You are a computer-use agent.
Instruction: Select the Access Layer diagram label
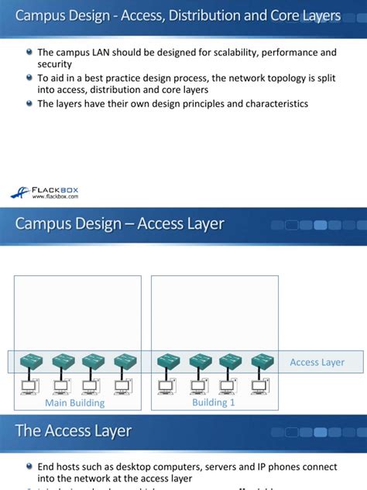317,362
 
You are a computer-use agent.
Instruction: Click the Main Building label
74,403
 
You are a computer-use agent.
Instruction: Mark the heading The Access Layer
74,431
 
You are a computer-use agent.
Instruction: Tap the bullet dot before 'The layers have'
29,104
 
